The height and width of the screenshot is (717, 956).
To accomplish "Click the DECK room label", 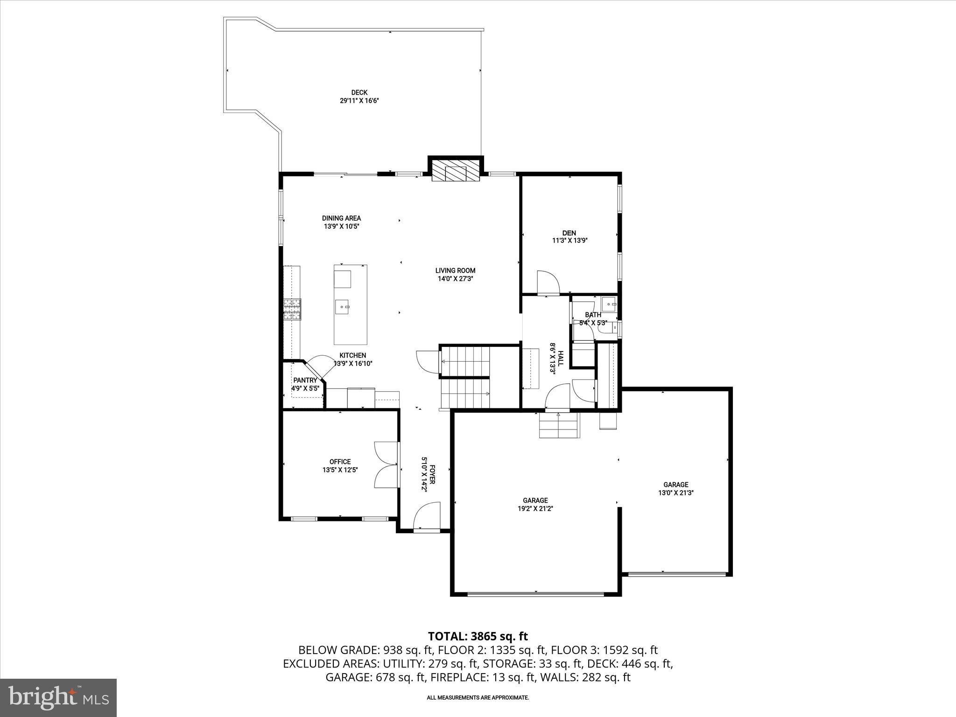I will tap(359, 92).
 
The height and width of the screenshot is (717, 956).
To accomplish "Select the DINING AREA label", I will tap(341, 218).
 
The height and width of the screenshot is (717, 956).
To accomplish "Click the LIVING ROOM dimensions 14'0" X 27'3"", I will tap(455, 279).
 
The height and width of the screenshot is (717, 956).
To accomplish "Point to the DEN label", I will tap(569, 233).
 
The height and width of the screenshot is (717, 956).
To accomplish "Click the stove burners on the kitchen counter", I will tap(292, 309).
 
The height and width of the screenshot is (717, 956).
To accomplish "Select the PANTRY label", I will tap(305, 380).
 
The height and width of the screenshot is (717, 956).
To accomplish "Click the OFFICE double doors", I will tap(387, 465).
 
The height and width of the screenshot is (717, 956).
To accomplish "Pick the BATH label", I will tap(593, 315).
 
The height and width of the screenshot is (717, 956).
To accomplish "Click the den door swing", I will tap(548, 282).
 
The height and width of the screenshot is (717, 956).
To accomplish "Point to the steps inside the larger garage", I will tap(559, 426).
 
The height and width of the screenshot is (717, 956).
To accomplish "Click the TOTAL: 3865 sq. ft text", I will tap(478, 636).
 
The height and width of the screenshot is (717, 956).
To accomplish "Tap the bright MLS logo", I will tap(58, 698).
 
